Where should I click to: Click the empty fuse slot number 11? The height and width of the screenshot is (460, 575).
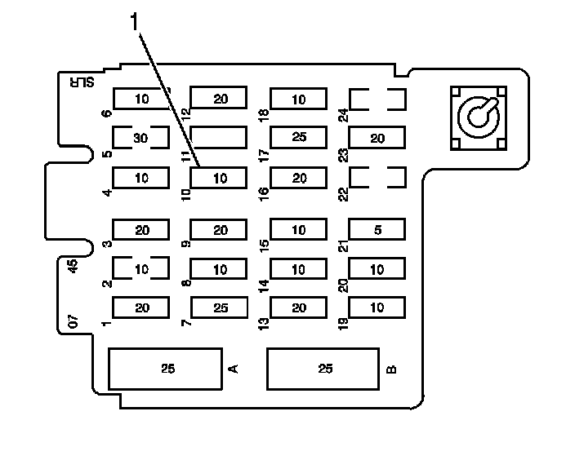click(218, 137)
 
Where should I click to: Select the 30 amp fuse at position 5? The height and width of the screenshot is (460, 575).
click(140, 138)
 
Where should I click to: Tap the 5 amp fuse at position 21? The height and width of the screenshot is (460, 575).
click(377, 230)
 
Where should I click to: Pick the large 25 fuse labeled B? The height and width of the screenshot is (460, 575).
click(324, 369)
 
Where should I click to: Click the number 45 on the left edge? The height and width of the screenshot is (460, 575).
click(73, 266)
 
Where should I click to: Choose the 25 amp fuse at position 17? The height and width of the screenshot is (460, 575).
click(298, 137)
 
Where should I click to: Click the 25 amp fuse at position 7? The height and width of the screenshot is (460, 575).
click(219, 307)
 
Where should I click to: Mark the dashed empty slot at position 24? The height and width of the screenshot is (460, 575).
click(377, 100)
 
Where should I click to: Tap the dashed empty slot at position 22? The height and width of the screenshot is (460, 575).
click(377, 177)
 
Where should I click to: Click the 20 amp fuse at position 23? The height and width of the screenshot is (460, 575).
click(377, 138)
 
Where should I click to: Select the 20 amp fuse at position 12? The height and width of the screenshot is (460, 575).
click(219, 99)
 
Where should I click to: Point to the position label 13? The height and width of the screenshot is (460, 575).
click(264, 323)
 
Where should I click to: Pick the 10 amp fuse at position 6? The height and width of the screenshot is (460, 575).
click(140, 99)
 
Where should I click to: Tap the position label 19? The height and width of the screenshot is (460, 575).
click(343, 323)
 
